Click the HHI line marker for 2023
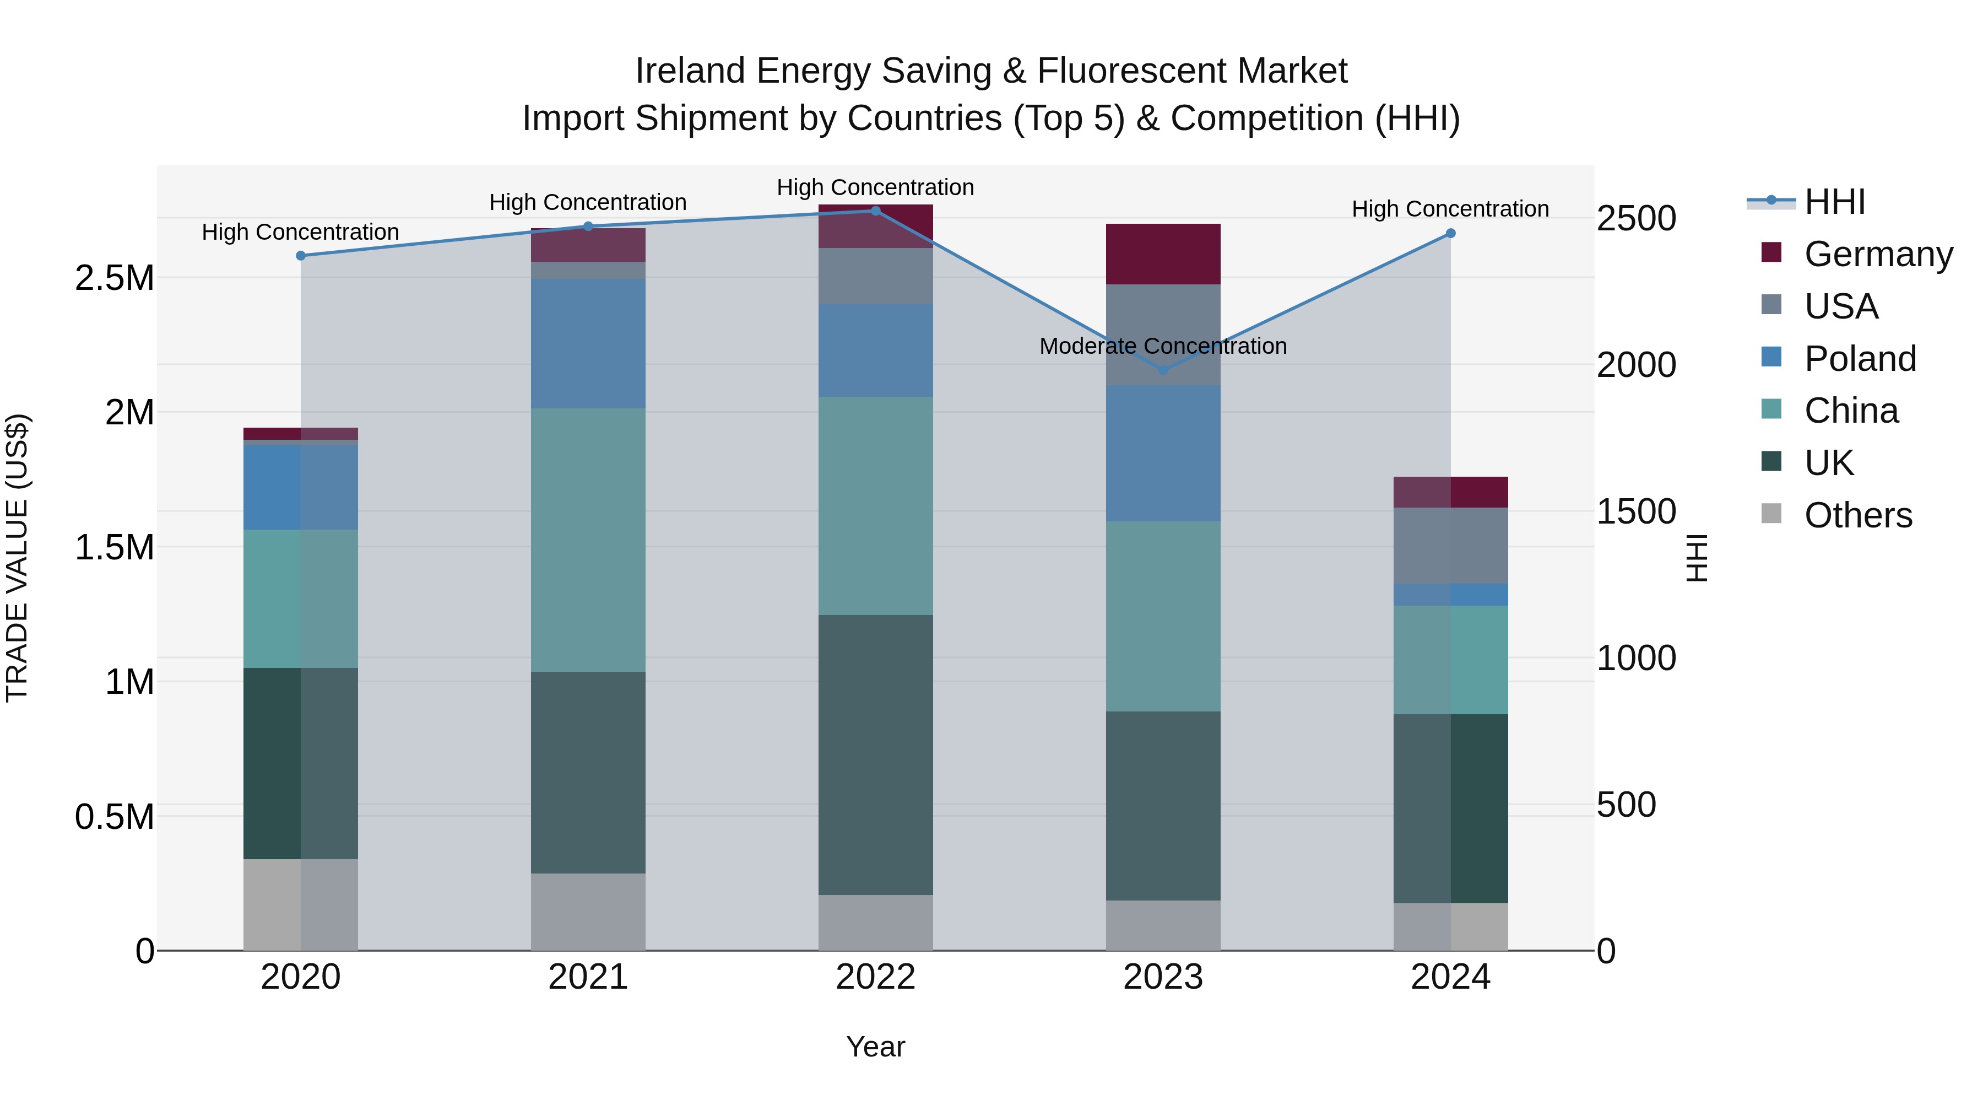1163,370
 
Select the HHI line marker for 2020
301,256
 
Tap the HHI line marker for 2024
1450,233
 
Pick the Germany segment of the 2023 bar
1163,254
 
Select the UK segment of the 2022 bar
875,755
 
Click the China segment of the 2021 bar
588,539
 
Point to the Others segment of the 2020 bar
301,904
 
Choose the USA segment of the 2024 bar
1450,545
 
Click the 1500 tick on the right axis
1636,511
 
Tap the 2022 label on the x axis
875,977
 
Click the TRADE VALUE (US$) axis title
17,558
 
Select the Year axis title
875,1047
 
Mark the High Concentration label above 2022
875,187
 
